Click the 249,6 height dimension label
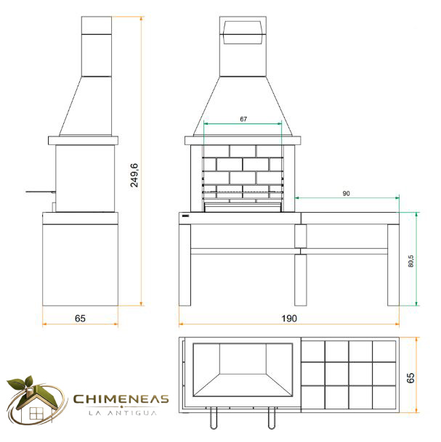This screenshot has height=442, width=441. pos(134,175)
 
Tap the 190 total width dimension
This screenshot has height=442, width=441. pos(289,319)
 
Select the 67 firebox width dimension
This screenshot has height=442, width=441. pos(243,119)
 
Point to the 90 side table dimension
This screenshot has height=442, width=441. pos(347,193)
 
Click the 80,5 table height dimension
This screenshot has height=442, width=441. pos(410,261)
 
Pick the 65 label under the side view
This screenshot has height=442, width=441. pos(80,319)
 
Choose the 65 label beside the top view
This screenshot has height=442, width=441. pos(410,377)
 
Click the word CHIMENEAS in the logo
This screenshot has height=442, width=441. pos(121,399)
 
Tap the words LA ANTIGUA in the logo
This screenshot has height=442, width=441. pos(123,413)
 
